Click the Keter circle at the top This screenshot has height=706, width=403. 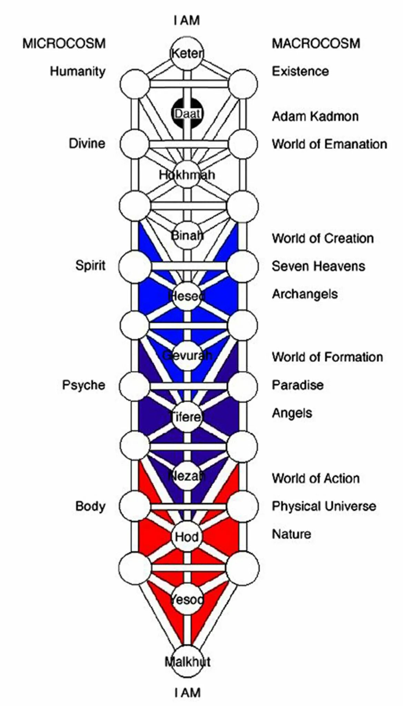[187, 54]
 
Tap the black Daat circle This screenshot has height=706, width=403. [187, 113]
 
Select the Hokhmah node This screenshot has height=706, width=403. [187, 175]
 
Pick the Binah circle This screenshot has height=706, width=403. [187, 236]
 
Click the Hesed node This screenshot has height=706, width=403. [187, 296]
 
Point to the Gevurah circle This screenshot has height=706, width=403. [187, 355]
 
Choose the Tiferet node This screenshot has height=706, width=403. [187, 417]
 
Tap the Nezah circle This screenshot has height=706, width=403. [187, 476]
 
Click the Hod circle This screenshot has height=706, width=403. [187, 536]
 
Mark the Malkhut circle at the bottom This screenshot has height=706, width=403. [187, 662]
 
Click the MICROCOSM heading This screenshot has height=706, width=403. [64, 44]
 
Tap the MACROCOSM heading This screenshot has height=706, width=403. [316, 44]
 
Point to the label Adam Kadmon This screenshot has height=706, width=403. [315, 117]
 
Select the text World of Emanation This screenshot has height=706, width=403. [329, 144]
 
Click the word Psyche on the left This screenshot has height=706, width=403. [83, 385]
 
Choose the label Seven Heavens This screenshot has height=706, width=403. [318, 266]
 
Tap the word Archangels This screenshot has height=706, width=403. [305, 294]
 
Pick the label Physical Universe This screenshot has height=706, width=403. [324, 506]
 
